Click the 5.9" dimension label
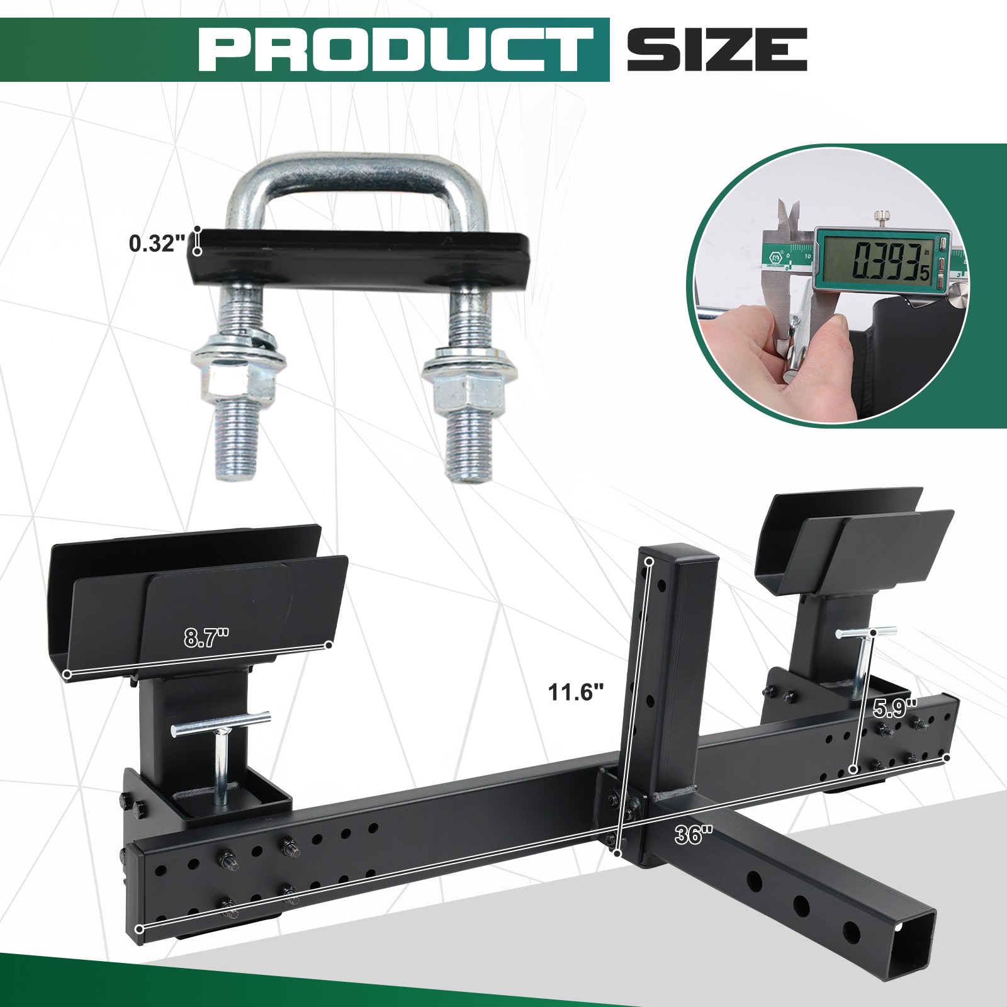(896, 709)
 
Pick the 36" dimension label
(694, 836)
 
